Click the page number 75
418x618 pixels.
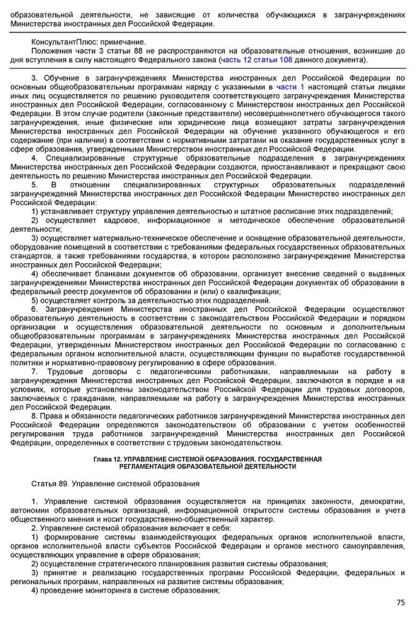pyautogui.click(x=400, y=602)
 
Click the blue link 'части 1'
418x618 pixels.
pyautogui.click(x=290, y=87)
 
